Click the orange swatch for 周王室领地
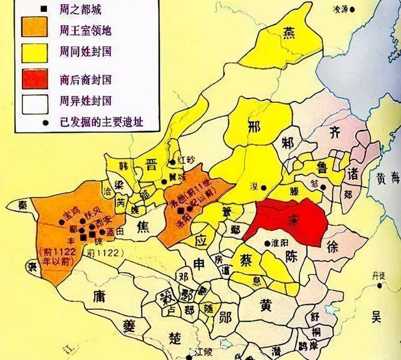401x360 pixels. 34,29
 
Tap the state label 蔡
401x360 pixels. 244,259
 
